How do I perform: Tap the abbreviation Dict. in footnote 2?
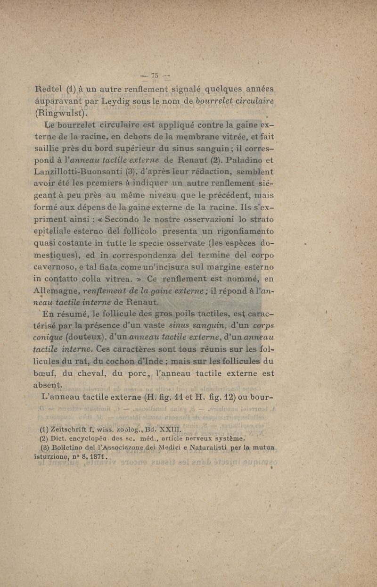[61, 439]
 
